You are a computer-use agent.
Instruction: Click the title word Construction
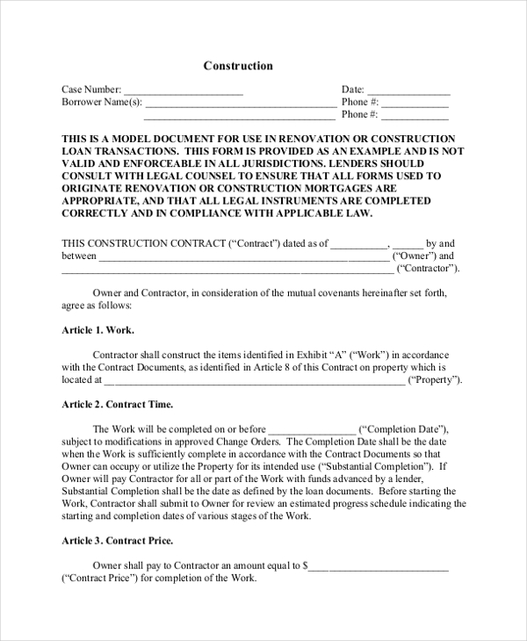point(238,66)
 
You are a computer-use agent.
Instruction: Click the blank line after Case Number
point(183,90)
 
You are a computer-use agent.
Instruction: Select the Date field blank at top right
point(408,90)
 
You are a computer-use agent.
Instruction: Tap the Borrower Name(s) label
point(101,102)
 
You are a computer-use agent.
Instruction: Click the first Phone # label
point(359,102)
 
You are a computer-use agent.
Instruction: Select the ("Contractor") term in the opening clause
point(428,269)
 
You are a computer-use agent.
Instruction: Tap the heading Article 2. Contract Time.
point(117,405)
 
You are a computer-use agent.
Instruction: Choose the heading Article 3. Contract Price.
point(117,541)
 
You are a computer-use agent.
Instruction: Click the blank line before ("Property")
point(255,380)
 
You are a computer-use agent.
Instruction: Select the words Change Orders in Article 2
point(250,441)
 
